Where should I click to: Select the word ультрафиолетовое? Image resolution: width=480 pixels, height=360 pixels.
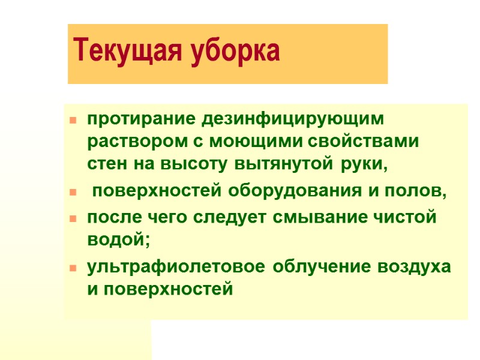[177, 267]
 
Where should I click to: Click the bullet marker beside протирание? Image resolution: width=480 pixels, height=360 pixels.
[73, 121]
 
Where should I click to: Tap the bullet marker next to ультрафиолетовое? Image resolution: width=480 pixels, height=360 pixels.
[73, 268]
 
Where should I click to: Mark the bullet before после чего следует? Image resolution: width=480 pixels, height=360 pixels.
[73, 220]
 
